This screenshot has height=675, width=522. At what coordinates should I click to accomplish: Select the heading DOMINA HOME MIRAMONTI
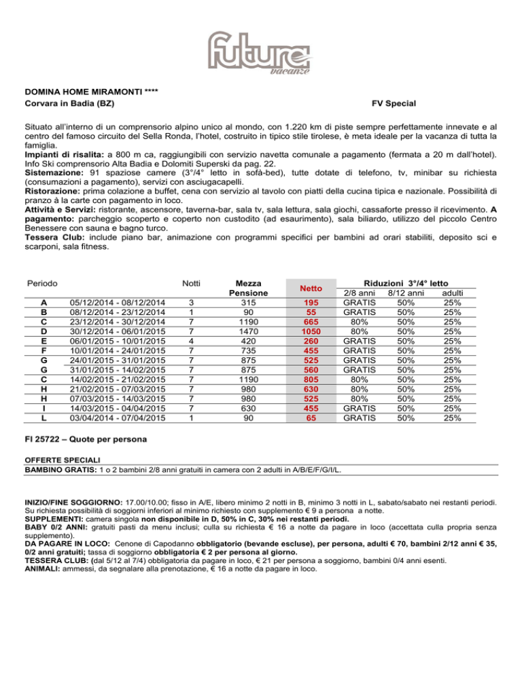[x=78, y=92]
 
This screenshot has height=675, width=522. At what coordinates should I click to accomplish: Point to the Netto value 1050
[x=311, y=331]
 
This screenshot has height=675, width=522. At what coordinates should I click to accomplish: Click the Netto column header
[x=311, y=287]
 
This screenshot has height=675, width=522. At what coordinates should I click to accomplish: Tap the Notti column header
[x=191, y=282]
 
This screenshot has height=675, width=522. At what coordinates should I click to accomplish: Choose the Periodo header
[x=42, y=282]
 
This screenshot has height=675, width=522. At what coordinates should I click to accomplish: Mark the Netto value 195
[x=311, y=302]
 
